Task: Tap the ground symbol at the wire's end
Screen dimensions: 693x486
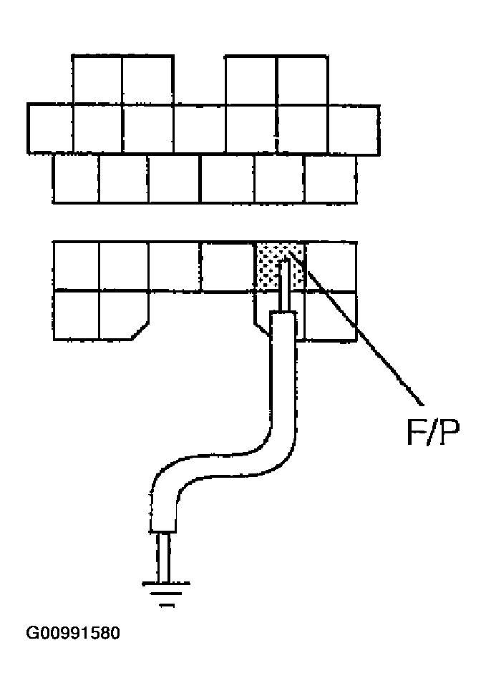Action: pos(167,591)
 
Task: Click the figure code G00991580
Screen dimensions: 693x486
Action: pos(72,633)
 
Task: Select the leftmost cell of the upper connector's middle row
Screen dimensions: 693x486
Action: pos(51,128)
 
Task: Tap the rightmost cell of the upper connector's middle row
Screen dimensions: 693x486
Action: pos(354,128)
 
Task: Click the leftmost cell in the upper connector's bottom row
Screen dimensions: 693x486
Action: pos(76,178)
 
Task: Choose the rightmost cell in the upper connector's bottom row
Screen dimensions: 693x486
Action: pos(330,178)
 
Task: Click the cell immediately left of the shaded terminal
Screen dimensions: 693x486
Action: pos(228,266)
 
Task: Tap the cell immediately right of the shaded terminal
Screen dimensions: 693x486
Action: pos(331,266)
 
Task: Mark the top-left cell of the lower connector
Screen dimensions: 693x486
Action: pos(76,266)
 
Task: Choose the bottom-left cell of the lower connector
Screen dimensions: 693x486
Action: pos(76,315)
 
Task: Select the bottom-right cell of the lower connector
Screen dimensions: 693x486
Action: pos(331,315)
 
